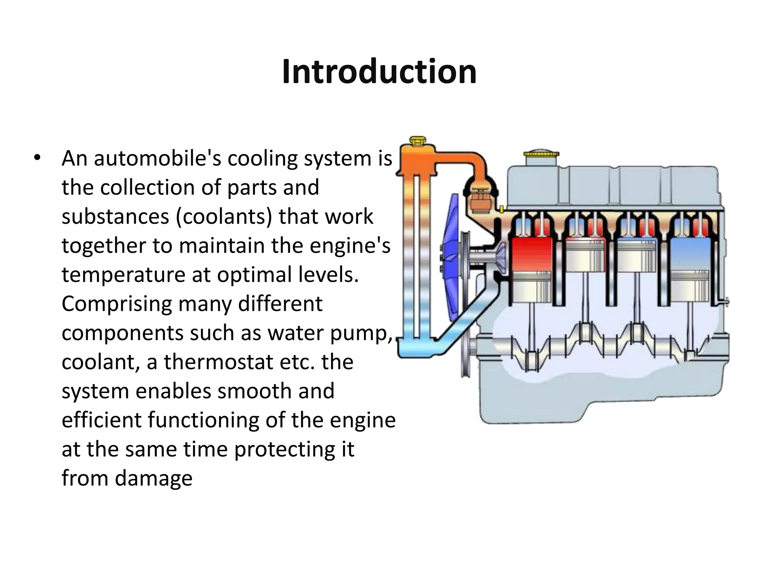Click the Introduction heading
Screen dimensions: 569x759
coord(379,72)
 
